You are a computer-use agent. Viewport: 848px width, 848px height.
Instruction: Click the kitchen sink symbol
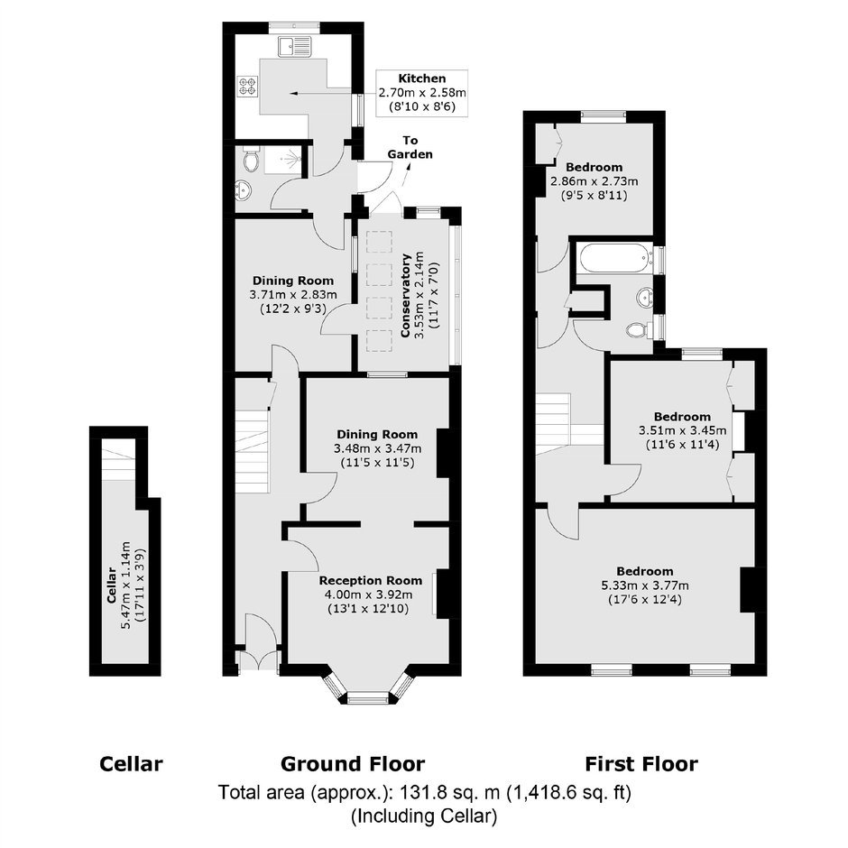click(x=295, y=47)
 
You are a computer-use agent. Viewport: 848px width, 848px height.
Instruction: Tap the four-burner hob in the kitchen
click(x=248, y=87)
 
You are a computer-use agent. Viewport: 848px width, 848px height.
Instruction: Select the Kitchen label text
click(x=422, y=78)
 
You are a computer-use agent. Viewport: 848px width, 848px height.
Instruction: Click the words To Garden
click(x=410, y=147)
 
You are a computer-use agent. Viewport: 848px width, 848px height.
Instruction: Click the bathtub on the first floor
click(x=613, y=258)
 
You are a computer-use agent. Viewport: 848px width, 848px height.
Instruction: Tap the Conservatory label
click(x=406, y=295)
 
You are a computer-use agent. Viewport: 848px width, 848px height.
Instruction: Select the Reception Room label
click(x=371, y=581)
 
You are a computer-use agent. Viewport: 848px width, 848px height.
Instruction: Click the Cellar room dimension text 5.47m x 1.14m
click(x=126, y=585)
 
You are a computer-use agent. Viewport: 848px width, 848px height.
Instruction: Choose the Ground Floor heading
click(x=353, y=764)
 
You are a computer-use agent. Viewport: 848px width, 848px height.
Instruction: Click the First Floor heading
click(x=641, y=764)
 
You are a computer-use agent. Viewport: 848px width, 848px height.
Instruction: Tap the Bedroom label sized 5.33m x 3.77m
click(x=645, y=572)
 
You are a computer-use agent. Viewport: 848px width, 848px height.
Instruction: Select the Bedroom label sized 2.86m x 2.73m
click(x=595, y=167)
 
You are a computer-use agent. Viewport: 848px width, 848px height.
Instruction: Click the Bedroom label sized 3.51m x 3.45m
click(x=683, y=417)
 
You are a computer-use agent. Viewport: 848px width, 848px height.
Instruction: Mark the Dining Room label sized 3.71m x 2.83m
click(x=293, y=281)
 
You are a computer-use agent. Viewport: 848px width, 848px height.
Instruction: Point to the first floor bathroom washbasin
click(x=645, y=298)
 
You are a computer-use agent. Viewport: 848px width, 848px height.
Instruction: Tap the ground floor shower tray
click(x=283, y=159)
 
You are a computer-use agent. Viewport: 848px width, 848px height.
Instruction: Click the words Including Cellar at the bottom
click(x=424, y=816)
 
